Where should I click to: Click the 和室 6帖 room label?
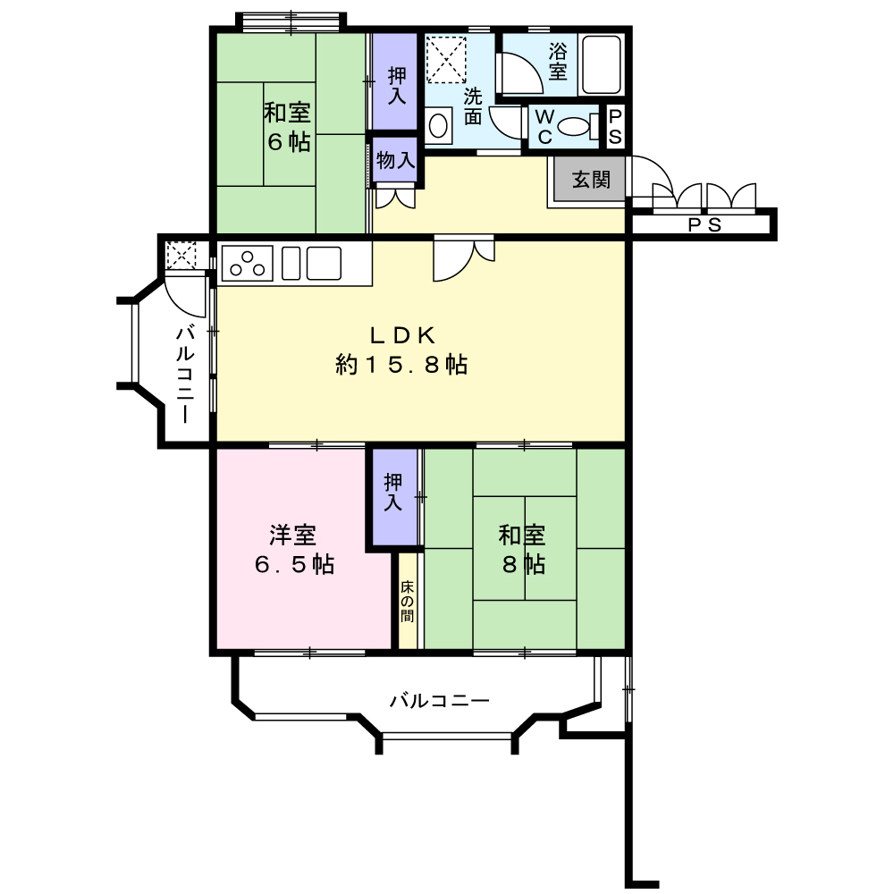pyautogui.click(x=287, y=127)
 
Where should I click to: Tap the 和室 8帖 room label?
pyautogui.click(x=523, y=549)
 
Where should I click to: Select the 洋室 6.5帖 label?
pyautogui.click(x=293, y=549)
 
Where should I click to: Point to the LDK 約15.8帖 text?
pyautogui.click(x=402, y=350)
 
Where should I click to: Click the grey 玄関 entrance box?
pyautogui.click(x=590, y=180)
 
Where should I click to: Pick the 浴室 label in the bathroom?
pyautogui.click(x=558, y=61)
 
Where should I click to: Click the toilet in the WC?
pyautogui.click(x=579, y=126)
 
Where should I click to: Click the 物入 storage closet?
pyautogui.click(x=394, y=161)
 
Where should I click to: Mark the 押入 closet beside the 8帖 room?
pyautogui.click(x=394, y=493)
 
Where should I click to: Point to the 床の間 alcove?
pyautogui.click(x=408, y=601)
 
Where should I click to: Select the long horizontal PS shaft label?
pyautogui.click(x=704, y=225)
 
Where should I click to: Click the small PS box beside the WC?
pyautogui.click(x=616, y=126)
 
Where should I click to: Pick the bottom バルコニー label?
pyautogui.click(x=439, y=701)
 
